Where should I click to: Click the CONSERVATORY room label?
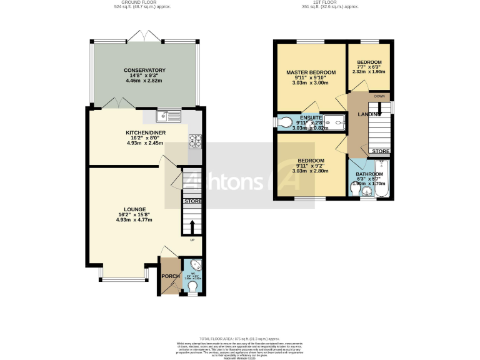click(144, 70)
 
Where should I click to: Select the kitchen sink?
click(169, 115)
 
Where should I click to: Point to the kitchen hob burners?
click(195, 141)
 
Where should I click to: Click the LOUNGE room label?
click(134, 209)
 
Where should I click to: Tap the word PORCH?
click(170, 276)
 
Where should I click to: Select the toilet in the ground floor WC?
click(192, 286)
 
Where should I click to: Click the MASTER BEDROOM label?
click(311, 72)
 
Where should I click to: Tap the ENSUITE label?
click(310, 117)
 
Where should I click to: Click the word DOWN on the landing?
click(379, 97)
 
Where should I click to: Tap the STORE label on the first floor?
click(380, 152)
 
